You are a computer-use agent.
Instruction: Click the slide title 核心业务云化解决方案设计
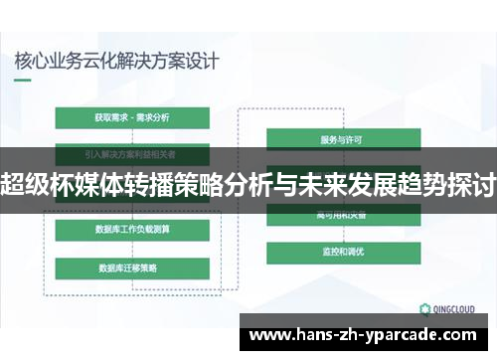tap(116, 59)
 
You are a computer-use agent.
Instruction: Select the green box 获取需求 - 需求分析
tap(132, 117)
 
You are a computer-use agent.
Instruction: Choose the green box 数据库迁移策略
tap(130, 267)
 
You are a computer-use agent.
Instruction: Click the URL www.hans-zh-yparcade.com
tap(368, 336)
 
